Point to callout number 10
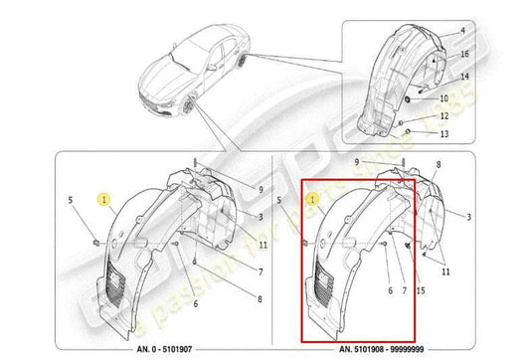click(443, 99)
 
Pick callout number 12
click(443, 116)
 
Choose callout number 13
click(443, 133)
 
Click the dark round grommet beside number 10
click(409, 99)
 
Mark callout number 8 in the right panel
click(440, 173)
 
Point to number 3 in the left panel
click(260, 217)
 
